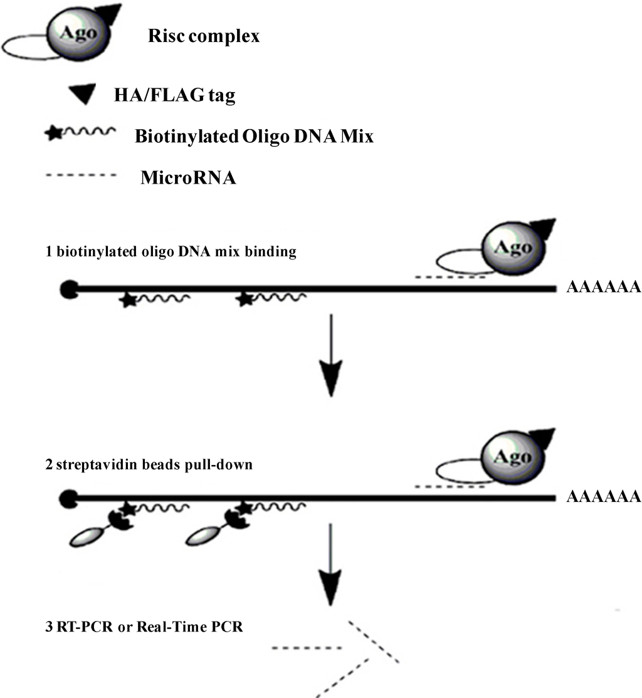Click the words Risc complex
pos(204,36)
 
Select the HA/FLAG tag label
pos(187,96)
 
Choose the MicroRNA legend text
pos(188,178)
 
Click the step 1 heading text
pos(149,252)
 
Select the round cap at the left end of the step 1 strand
pos(68,289)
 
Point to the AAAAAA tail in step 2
pos(603,497)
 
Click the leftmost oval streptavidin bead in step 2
pos(87,536)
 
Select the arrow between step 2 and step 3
pos(330,570)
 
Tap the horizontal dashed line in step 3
pos(307,648)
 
